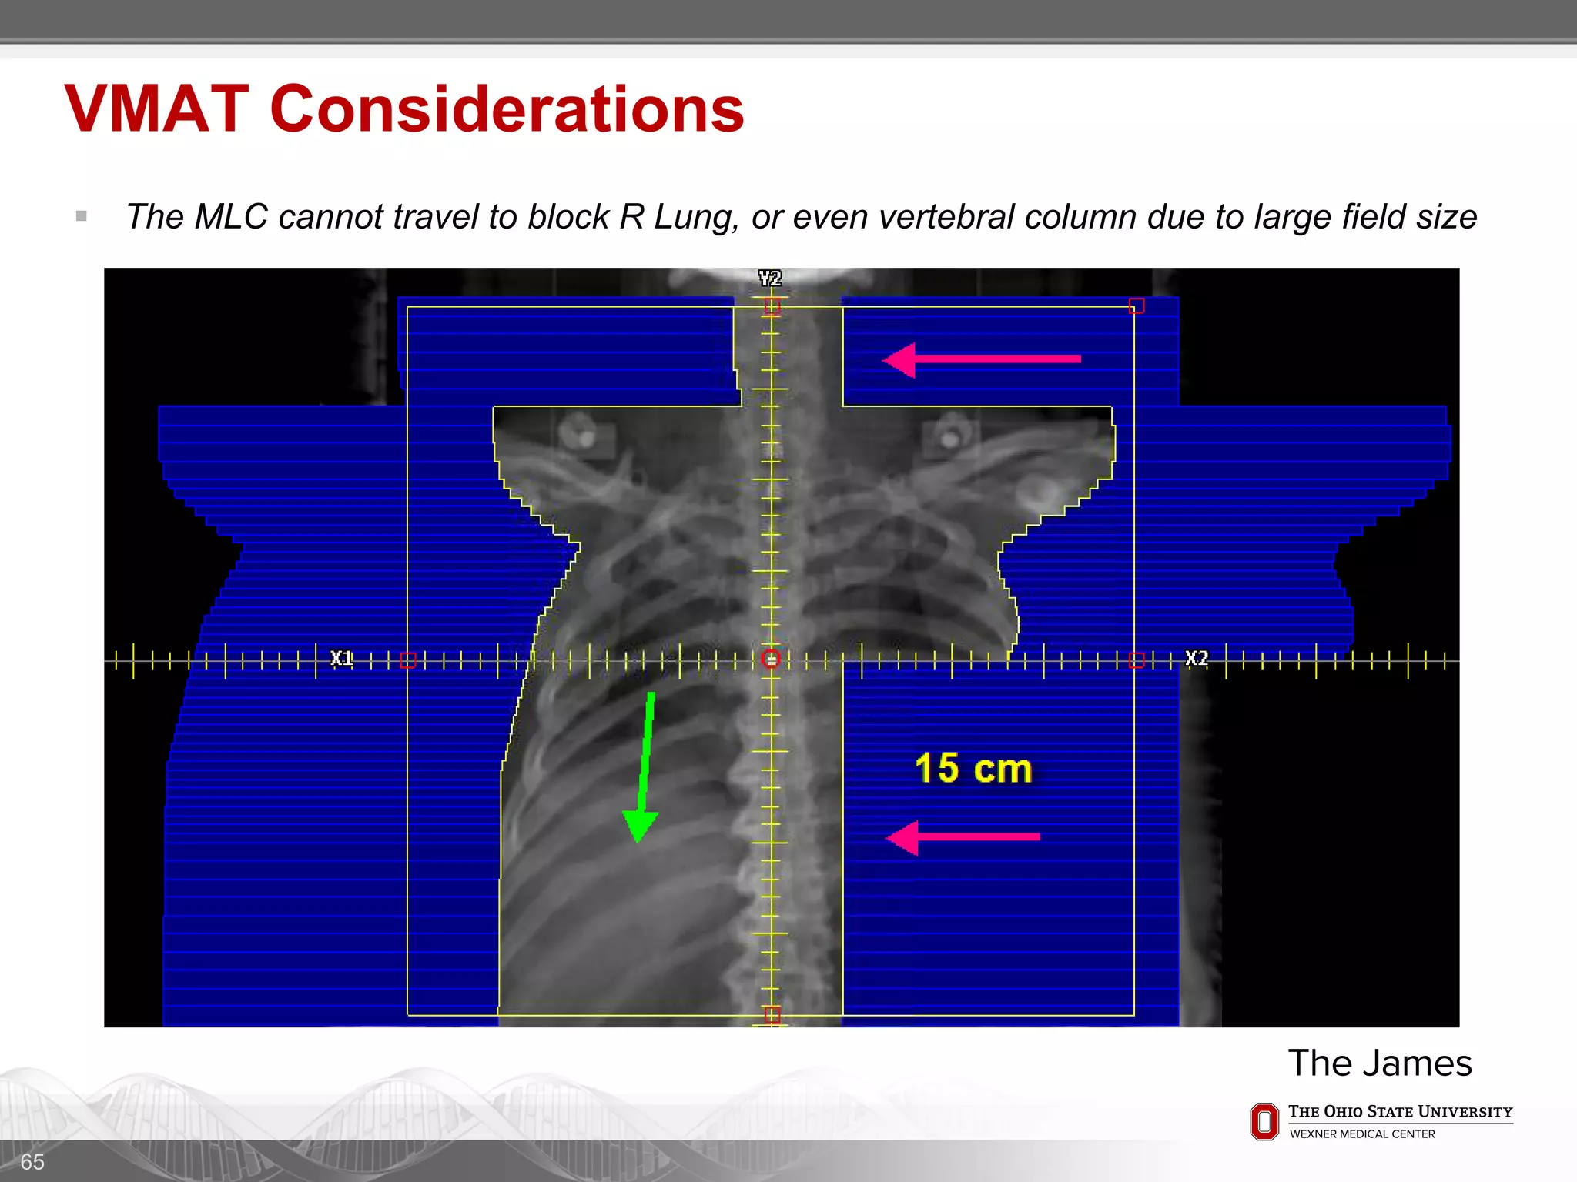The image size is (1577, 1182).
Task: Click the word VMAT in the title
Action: pyautogui.click(x=157, y=109)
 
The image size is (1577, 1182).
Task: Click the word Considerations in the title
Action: pyautogui.click(x=507, y=109)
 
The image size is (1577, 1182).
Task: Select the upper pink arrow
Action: pyautogui.click(x=981, y=359)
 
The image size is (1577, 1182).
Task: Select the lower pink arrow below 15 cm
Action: pyautogui.click(x=963, y=837)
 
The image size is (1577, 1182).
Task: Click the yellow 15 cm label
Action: pyautogui.click(x=973, y=768)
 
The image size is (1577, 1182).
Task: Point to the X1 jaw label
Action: pyautogui.click(x=341, y=658)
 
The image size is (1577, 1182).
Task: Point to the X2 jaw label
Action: pyautogui.click(x=1197, y=658)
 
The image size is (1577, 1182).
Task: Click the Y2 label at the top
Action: pyautogui.click(x=770, y=278)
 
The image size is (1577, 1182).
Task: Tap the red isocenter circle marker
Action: pyautogui.click(x=771, y=659)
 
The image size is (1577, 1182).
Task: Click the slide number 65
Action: pyautogui.click(x=32, y=1162)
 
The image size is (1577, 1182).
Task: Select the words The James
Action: pyautogui.click(x=1380, y=1063)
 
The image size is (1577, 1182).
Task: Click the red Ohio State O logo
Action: pyautogui.click(x=1264, y=1122)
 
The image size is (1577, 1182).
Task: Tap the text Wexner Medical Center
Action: pyautogui.click(x=1362, y=1134)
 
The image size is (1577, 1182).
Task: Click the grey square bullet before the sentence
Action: pyautogui.click(x=82, y=216)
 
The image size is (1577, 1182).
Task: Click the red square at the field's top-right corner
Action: pyautogui.click(x=1137, y=306)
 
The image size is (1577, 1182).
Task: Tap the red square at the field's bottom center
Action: pyautogui.click(x=772, y=1015)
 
